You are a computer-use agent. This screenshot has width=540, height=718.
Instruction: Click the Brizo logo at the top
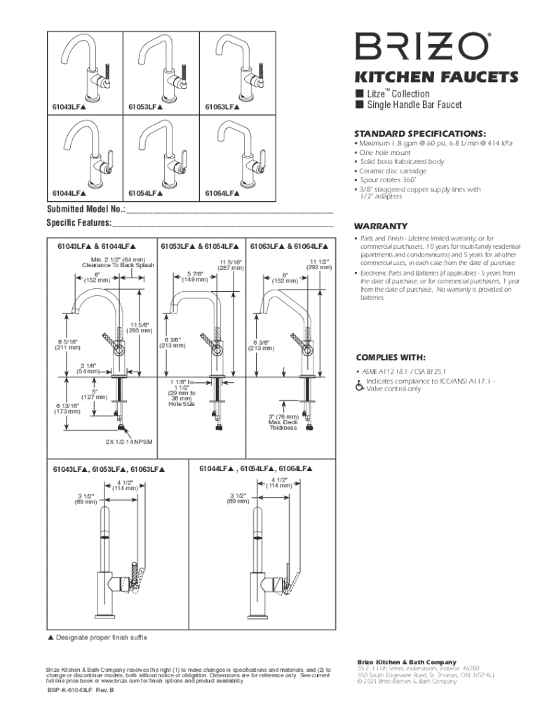(421, 48)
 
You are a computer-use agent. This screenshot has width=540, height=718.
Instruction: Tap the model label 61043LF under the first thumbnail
(69, 107)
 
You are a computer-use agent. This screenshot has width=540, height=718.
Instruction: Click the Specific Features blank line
(222, 224)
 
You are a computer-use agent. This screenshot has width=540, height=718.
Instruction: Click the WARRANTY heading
(381, 226)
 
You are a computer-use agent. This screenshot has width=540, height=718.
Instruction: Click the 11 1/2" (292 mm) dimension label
(319, 264)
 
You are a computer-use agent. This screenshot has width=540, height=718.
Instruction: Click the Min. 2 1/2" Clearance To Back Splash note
(118, 262)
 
